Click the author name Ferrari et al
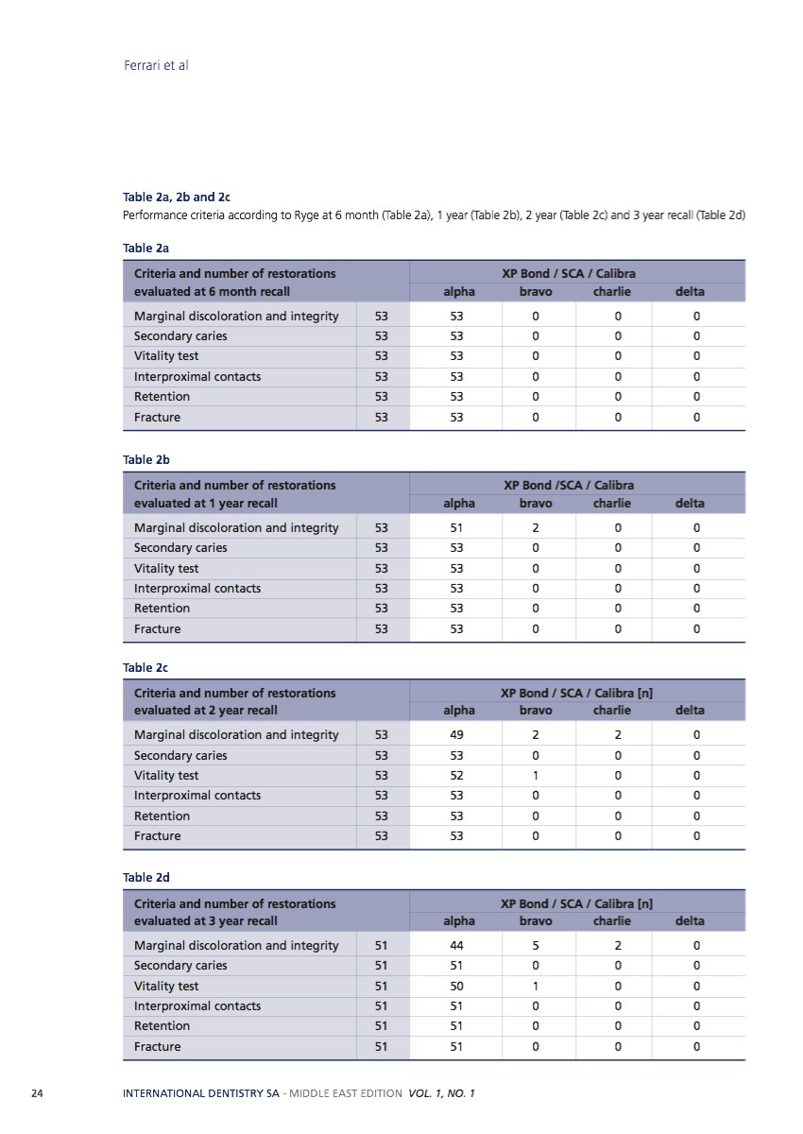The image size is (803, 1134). (x=156, y=65)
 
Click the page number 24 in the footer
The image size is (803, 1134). (x=38, y=1093)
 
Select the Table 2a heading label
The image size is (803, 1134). (x=145, y=248)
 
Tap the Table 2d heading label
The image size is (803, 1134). (x=145, y=878)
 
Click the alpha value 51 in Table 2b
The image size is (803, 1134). (x=456, y=527)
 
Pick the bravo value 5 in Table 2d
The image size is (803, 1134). (x=536, y=945)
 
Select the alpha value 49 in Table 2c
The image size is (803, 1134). (x=456, y=734)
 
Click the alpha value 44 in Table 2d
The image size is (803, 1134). (x=456, y=945)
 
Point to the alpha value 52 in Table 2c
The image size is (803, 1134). (x=456, y=775)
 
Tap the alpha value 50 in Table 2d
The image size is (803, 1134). (x=456, y=986)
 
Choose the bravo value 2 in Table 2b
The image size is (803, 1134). (x=536, y=527)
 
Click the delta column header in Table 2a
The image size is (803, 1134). (x=690, y=292)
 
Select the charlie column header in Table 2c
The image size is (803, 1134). (x=611, y=711)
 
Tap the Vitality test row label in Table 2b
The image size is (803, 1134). (x=166, y=568)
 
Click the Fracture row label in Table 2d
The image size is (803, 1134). (x=157, y=1046)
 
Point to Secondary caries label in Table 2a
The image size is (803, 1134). (x=180, y=335)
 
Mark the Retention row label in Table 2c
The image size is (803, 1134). (x=162, y=816)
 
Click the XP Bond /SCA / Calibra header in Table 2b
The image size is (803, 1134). (x=569, y=485)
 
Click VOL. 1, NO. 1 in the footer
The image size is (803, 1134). (x=442, y=1093)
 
